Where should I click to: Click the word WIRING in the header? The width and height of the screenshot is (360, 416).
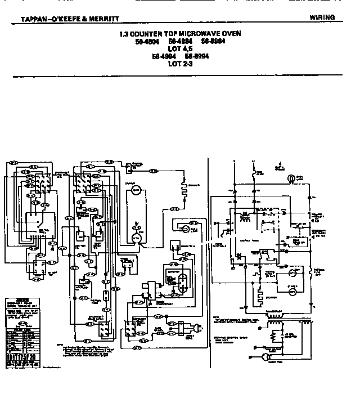coord(322,17)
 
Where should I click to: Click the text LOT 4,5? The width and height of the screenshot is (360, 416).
coord(181,48)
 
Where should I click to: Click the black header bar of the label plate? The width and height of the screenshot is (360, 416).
coord(24,300)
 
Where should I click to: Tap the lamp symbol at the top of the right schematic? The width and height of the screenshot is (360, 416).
coord(290,178)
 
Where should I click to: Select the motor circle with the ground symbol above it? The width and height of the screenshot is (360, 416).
coord(136,238)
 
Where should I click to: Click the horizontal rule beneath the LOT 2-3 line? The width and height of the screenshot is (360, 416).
coord(181,73)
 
